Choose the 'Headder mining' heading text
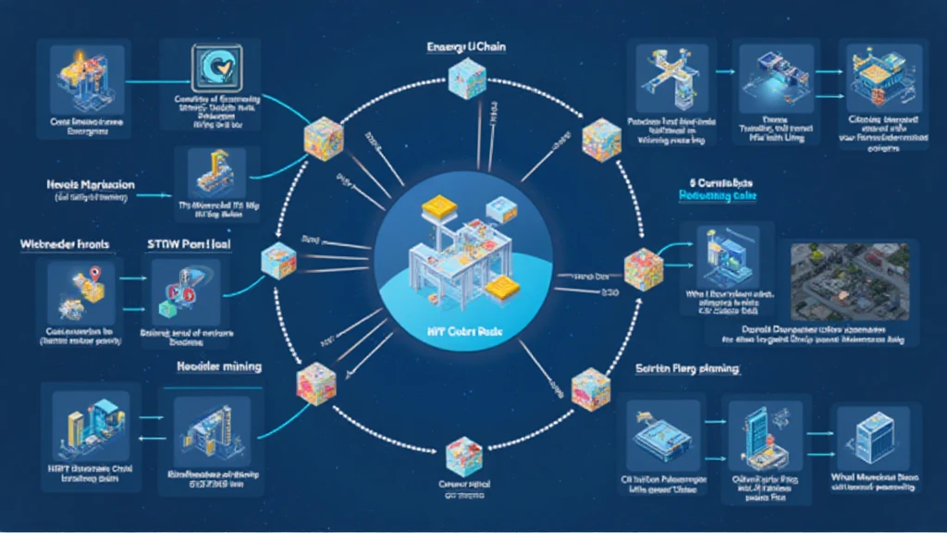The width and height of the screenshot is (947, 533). tap(219, 366)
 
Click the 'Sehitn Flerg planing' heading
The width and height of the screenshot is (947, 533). tap(686, 369)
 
